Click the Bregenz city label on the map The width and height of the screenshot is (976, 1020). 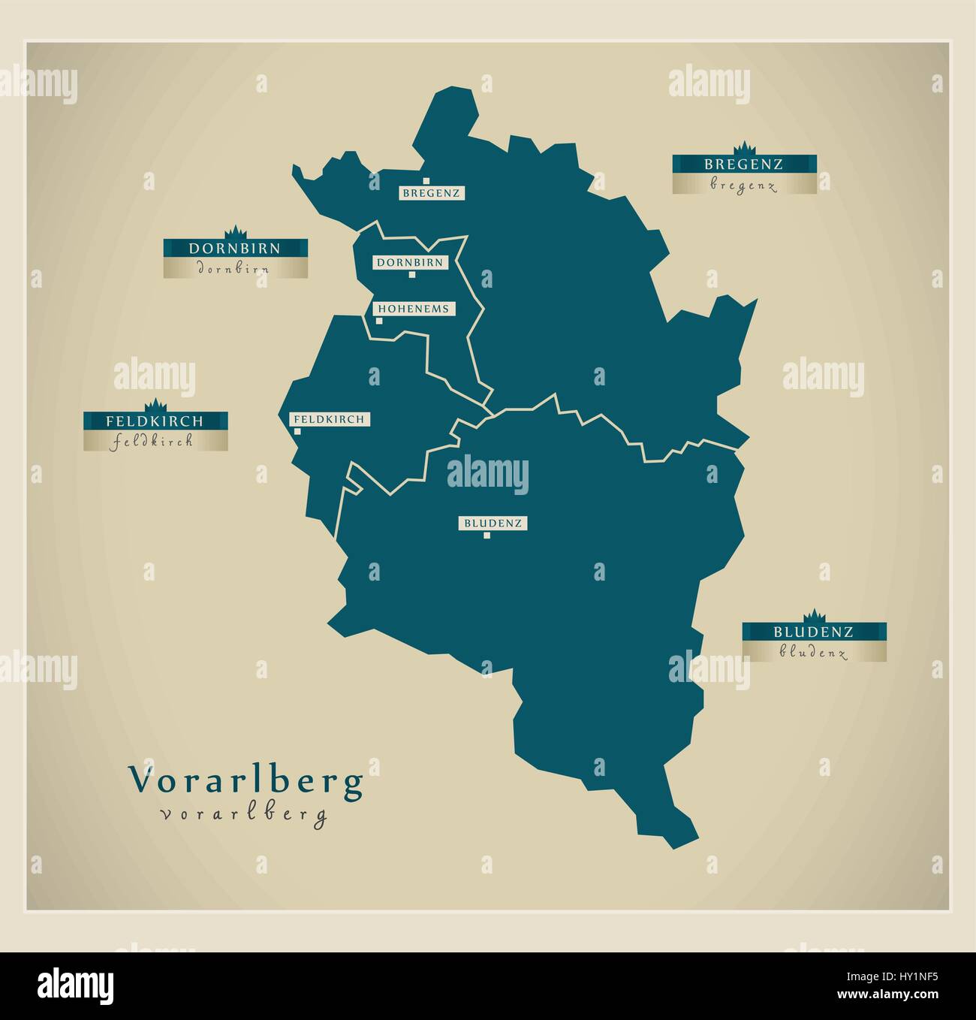pyautogui.click(x=431, y=194)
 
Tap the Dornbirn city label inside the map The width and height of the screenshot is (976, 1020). pyautogui.click(x=409, y=263)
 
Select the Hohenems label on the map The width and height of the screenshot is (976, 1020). pyautogui.click(x=414, y=309)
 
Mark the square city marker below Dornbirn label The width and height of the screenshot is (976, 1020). pyautogui.click(x=411, y=275)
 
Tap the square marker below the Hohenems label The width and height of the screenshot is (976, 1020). pyautogui.click(x=379, y=321)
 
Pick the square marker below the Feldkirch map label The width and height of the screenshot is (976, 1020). pyautogui.click(x=297, y=431)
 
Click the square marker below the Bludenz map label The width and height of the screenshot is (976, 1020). pyautogui.click(x=486, y=536)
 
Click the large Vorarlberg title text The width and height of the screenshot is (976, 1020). pyautogui.click(x=247, y=781)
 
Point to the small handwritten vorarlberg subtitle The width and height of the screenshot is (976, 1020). pyautogui.click(x=244, y=814)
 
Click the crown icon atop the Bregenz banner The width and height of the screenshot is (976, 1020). pyautogui.click(x=745, y=146)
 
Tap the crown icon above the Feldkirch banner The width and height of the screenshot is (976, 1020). pyautogui.click(x=155, y=404)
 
